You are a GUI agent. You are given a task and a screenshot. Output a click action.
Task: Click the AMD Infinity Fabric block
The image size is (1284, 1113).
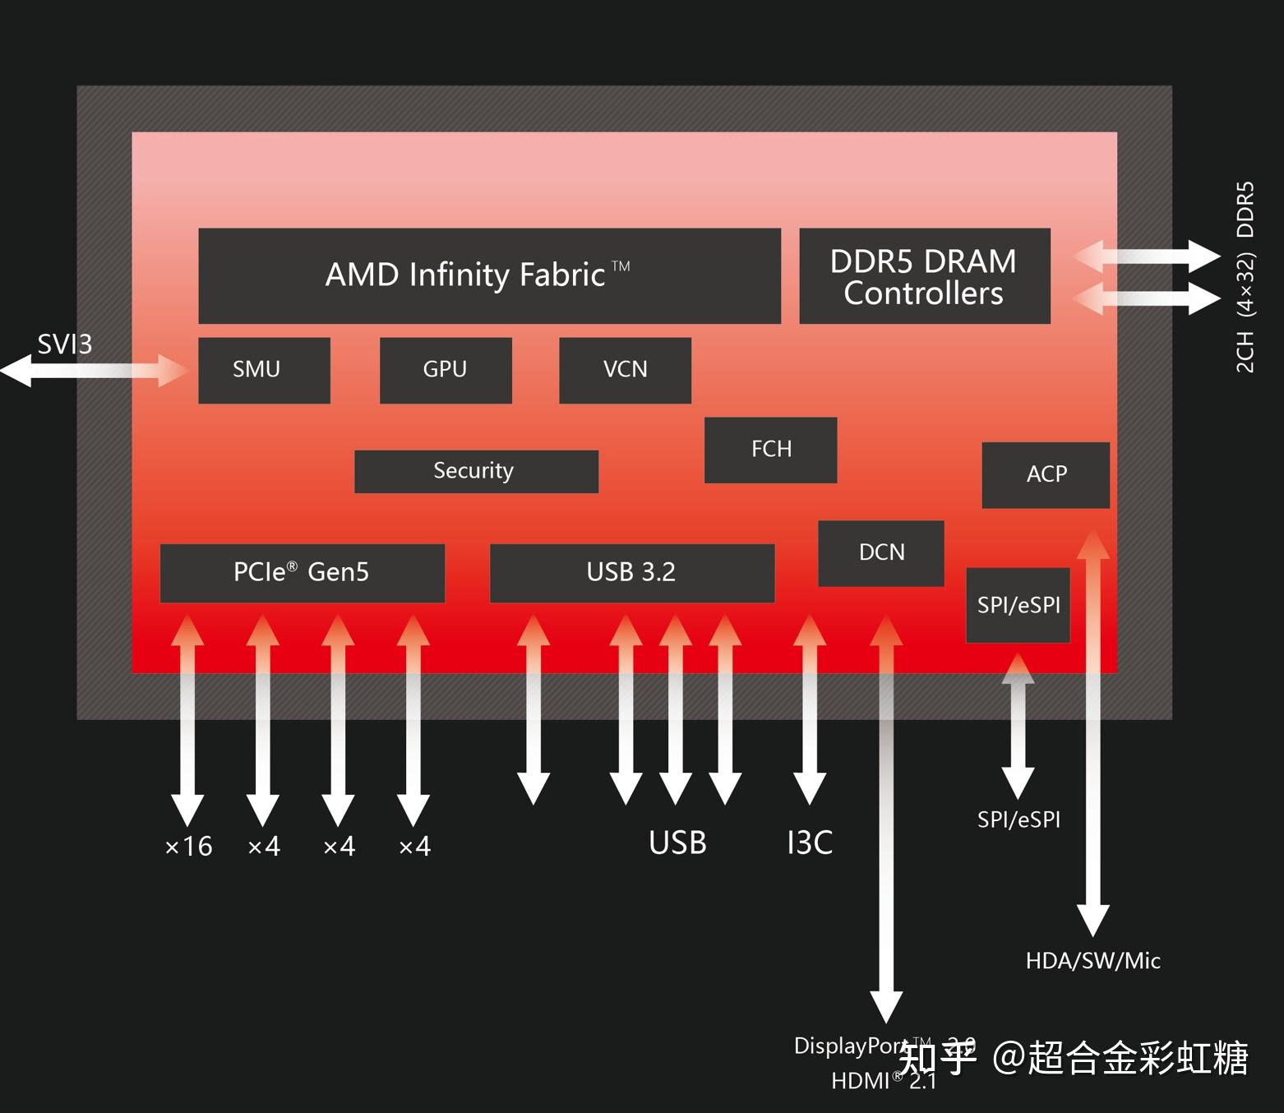(x=489, y=275)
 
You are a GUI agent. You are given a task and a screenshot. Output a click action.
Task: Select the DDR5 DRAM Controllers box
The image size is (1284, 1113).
(x=924, y=276)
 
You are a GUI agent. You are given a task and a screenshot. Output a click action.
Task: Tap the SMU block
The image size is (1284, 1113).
(x=264, y=370)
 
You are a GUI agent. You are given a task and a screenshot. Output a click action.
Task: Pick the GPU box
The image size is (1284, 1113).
(x=446, y=370)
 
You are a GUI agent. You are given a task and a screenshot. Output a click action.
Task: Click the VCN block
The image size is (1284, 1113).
(x=625, y=370)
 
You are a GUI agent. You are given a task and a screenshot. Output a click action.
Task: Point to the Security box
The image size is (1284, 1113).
(x=476, y=471)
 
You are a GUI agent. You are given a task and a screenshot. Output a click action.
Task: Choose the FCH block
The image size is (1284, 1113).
(x=770, y=450)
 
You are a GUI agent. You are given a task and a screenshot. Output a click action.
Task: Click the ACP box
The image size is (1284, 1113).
(x=1046, y=474)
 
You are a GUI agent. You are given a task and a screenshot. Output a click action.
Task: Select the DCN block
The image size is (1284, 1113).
(x=880, y=552)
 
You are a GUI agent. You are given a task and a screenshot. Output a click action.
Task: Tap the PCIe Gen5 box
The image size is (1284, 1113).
(x=302, y=573)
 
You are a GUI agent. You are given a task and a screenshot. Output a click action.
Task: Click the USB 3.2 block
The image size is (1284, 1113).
(x=631, y=573)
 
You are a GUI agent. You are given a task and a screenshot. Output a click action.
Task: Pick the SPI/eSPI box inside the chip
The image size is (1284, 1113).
(x=1018, y=605)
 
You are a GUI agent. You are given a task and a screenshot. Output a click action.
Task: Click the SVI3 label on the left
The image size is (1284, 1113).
(x=64, y=344)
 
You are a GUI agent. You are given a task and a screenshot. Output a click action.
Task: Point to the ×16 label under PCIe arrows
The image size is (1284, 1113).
(x=188, y=846)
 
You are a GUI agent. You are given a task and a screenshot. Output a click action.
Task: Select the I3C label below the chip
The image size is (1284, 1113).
(x=810, y=843)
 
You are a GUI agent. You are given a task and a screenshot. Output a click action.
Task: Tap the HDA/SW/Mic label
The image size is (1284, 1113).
(x=1092, y=960)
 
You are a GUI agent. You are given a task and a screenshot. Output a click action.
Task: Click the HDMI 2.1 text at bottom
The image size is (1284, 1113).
(x=883, y=1081)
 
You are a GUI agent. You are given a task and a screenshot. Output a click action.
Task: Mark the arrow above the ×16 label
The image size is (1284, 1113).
(x=187, y=719)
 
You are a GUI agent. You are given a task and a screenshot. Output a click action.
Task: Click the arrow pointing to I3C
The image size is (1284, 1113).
(x=810, y=711)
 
